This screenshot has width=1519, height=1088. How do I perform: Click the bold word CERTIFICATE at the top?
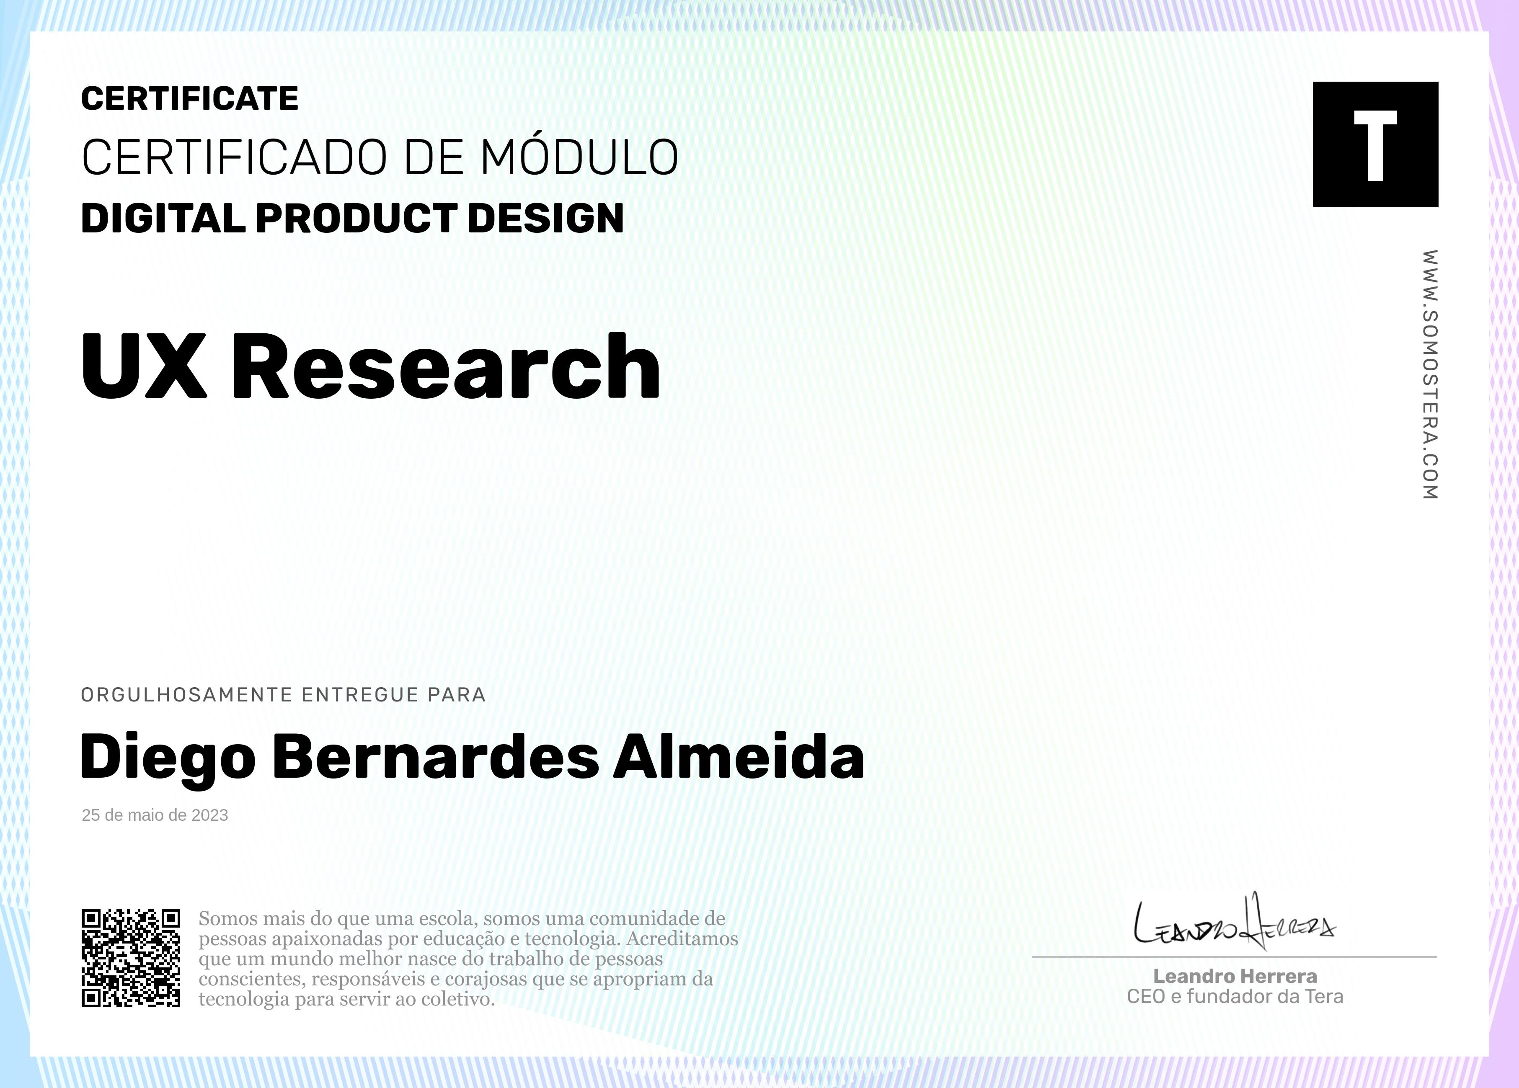(189, 98)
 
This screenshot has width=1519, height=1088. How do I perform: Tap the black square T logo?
(1375, 144)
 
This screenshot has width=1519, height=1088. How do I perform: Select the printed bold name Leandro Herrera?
(1235, 976)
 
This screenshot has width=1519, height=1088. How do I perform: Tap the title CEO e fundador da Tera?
(1235, 997)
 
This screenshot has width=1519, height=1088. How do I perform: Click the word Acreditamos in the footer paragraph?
(682, 938)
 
